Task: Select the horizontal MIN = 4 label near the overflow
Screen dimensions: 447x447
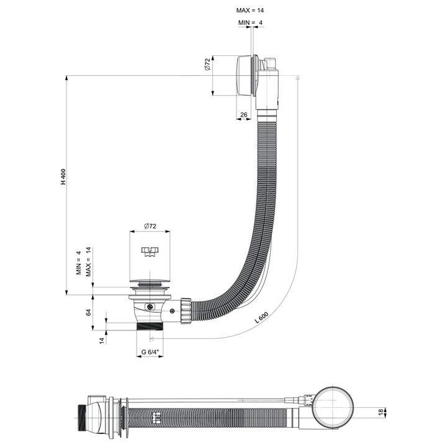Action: click(x=250, y=23)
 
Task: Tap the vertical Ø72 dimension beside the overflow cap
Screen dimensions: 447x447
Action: click(x=208, y=63)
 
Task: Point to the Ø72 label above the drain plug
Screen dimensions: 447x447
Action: click(x=149, y=226)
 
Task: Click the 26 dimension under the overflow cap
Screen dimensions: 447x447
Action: click(x=243, y=115)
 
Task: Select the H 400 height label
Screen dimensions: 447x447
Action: click(x=63, y=178)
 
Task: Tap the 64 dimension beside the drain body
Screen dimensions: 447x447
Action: click(x=89, y=314)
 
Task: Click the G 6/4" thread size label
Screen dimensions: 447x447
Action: click(x=150, y=353)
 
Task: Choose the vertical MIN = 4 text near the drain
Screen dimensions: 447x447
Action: click(x=79, y=263)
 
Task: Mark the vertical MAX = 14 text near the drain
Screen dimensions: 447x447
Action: click(x=88, y=261)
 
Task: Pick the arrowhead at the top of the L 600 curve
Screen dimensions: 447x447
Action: click(x=298, y=78)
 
